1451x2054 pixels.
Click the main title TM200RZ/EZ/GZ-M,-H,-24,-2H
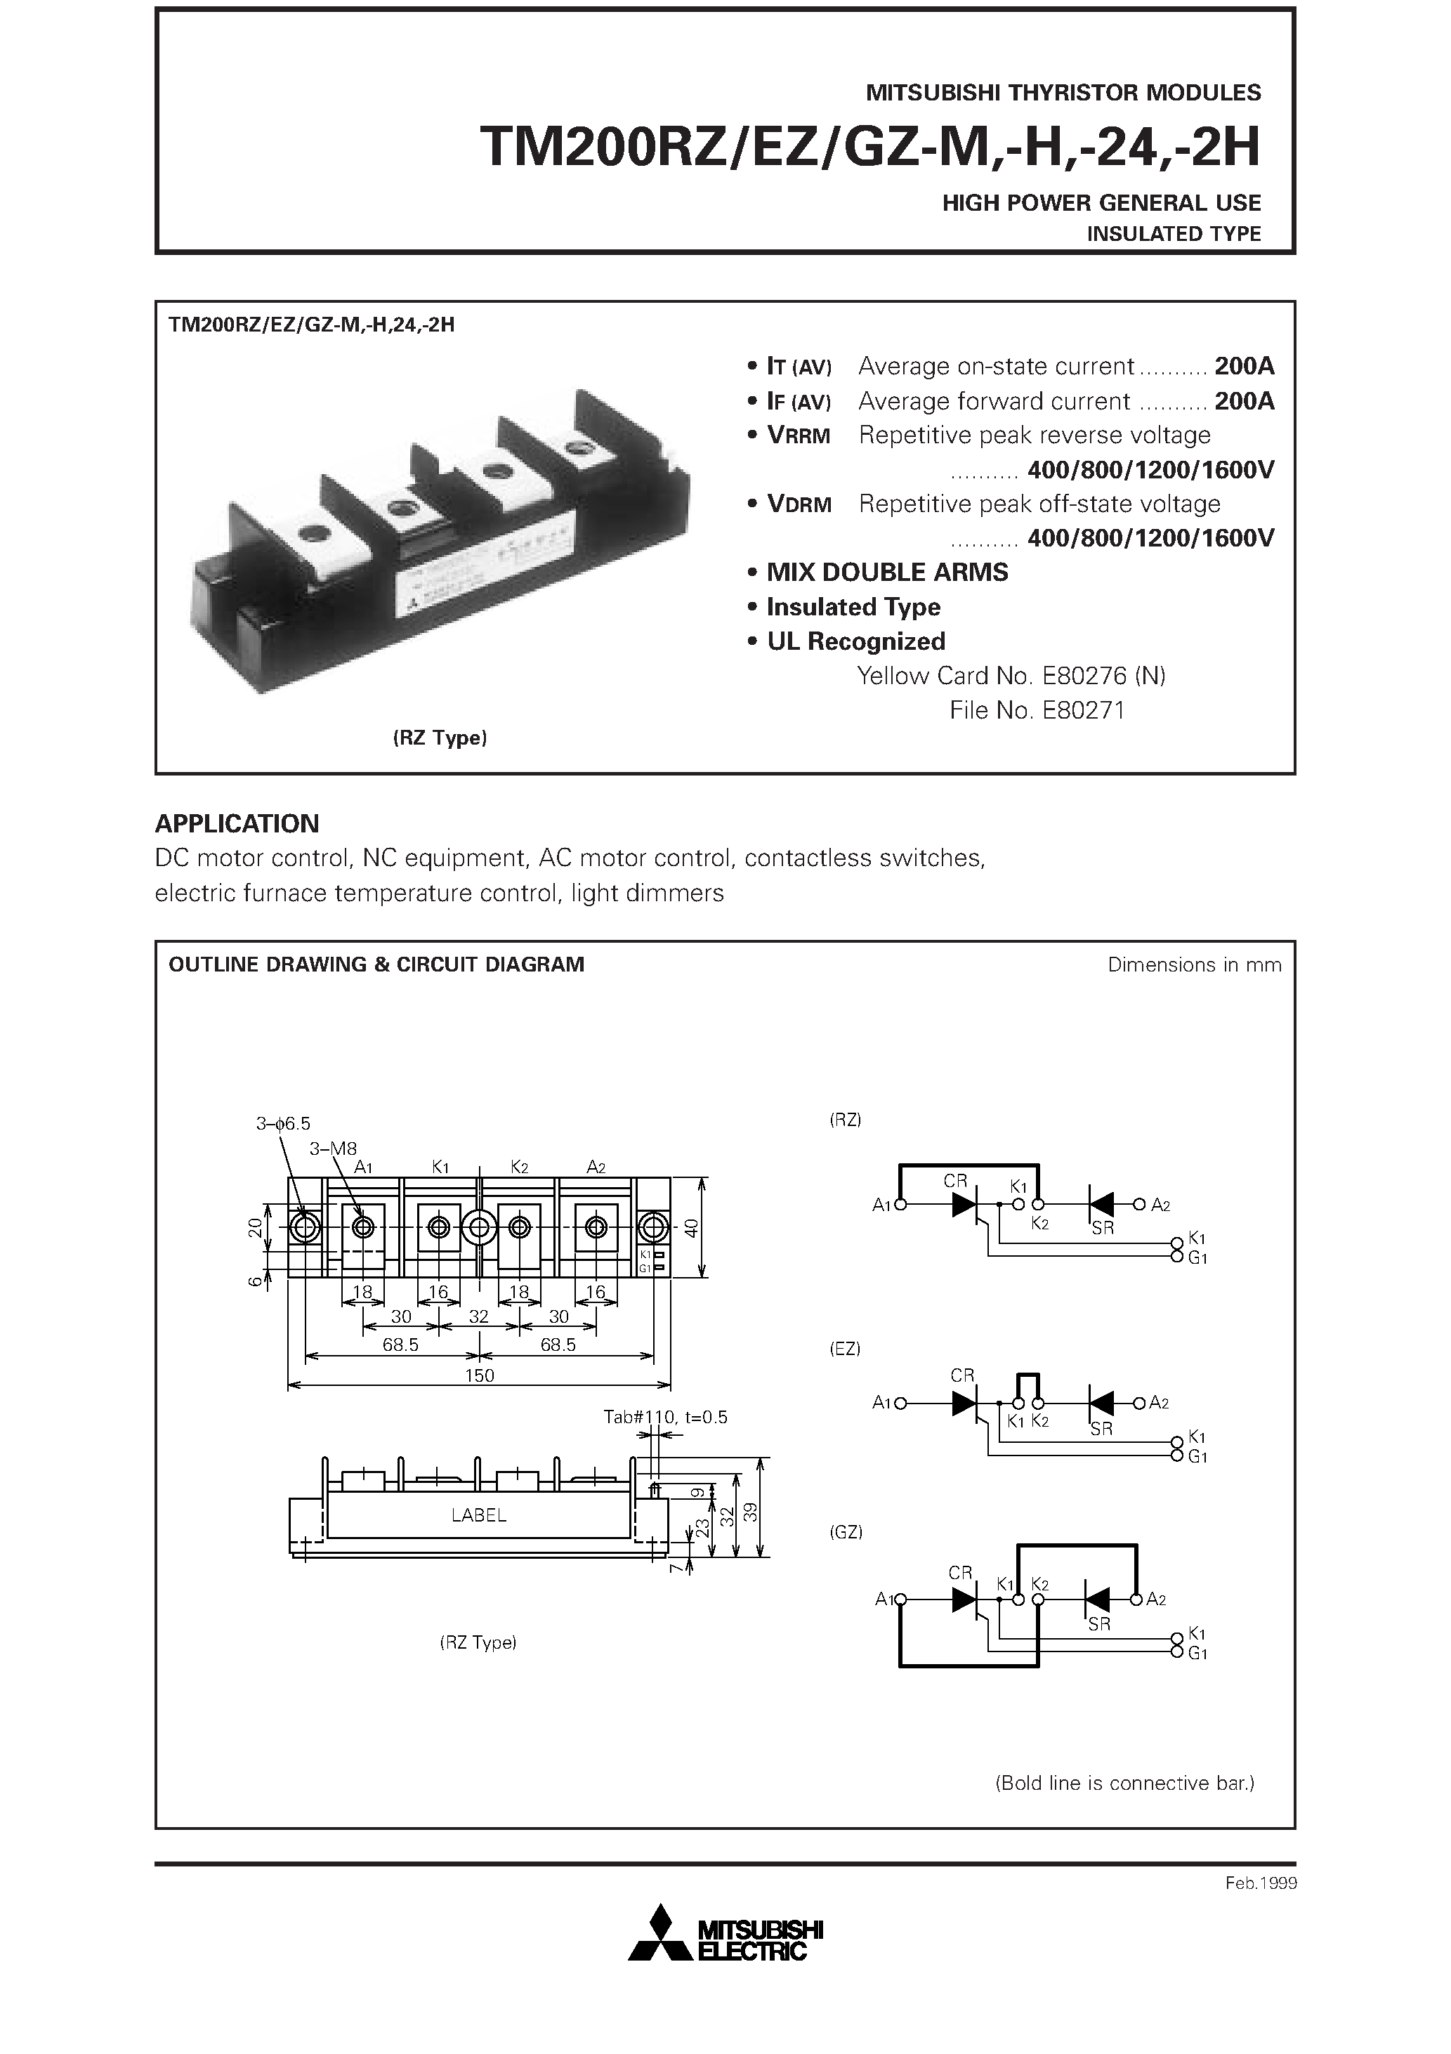(x=869, y=148)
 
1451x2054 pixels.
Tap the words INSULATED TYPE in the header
(x=1173, y=235)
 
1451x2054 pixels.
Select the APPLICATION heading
(x=237, y=823)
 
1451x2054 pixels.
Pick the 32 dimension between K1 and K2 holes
(x=478, y=1316)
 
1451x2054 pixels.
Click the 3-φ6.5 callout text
(x=283, y=1124)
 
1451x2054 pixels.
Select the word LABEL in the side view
(x=478, y=1515)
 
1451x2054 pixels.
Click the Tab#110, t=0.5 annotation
(x=666, y=1417)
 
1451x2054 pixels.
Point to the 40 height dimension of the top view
(x=690, y=1229)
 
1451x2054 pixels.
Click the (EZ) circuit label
(x=844, y=1348)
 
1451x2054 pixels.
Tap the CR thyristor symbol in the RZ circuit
(x=964, y=1205)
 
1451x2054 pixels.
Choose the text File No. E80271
(x=1037, y=710)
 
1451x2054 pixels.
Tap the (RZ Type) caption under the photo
(x=439, y=738)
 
